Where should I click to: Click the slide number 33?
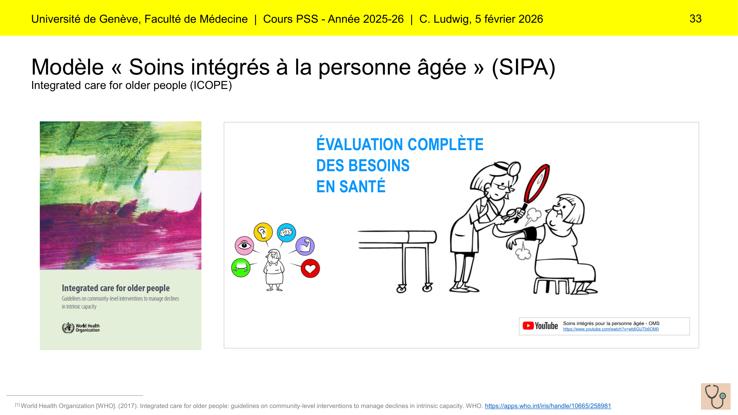(x=696, y=19)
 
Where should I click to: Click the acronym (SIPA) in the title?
(x=524, y=67)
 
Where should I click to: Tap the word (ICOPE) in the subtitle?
(x=211, y=85)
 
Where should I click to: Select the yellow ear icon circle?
(x=263, y=232)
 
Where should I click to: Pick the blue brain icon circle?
(x=286, y=232)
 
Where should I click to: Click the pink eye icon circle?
(x=245, y=246)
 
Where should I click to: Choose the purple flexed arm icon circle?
(x=305, y=246)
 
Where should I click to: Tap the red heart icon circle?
(x=310, y=269)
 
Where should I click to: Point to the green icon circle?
(x=241, y=268)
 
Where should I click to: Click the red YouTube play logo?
(x=528, y=326)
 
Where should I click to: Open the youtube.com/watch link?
(x=611, y=329)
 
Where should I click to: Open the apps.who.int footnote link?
(x=548, y=406)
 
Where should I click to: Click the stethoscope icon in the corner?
(x=716, y=396)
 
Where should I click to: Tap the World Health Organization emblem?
(x=68, y=328)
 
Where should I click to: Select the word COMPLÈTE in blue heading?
(x=446, y=144)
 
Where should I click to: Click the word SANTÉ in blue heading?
(x=362, y=187)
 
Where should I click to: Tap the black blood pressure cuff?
(x=529, y=233)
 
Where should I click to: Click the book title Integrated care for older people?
(x=116, y=288)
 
